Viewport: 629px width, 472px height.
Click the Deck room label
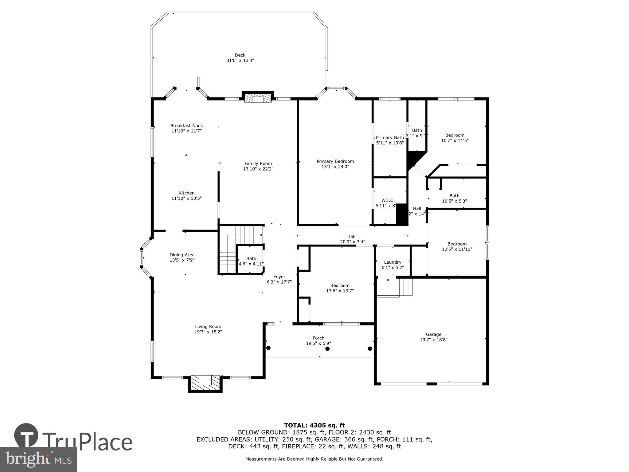coord(240,55)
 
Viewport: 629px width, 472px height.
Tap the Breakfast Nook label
coord(186,126)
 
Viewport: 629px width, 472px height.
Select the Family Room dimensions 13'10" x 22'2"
coord(258,169)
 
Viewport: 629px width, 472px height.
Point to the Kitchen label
coord(186,193)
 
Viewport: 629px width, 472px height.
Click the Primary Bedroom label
coord(335,161)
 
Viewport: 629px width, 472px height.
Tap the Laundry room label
coord(393,262)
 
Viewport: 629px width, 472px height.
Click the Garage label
coord(433,334)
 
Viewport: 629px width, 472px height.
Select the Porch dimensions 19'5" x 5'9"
coord(318,343)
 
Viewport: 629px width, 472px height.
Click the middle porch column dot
coord(327,348)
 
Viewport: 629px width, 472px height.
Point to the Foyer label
coord(279,277)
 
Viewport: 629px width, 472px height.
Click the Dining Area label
coord(182,255)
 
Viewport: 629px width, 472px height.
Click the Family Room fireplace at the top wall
coord(258,98)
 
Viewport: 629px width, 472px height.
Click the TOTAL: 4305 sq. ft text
coord(314,425)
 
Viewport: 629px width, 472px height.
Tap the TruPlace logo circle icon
coord(26,436)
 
